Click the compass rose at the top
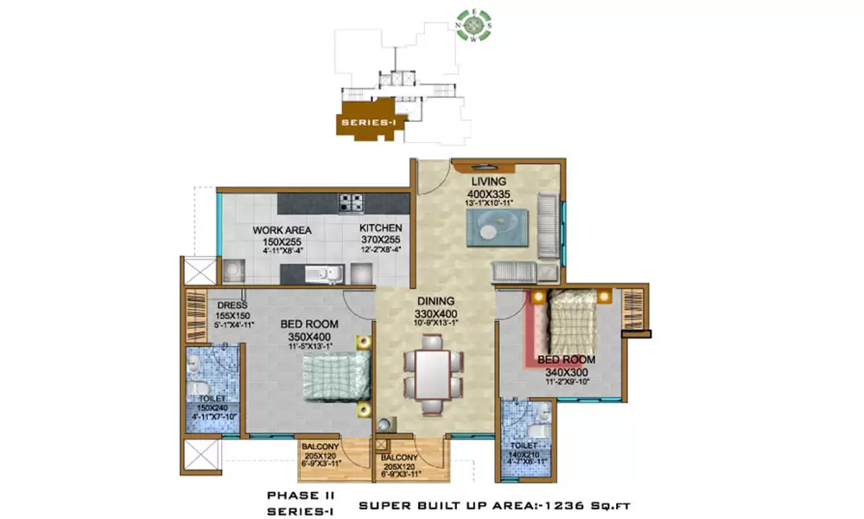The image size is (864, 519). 473,24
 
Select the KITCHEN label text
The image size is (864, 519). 381,228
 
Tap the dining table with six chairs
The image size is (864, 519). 433,372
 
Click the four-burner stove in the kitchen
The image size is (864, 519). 351,203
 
